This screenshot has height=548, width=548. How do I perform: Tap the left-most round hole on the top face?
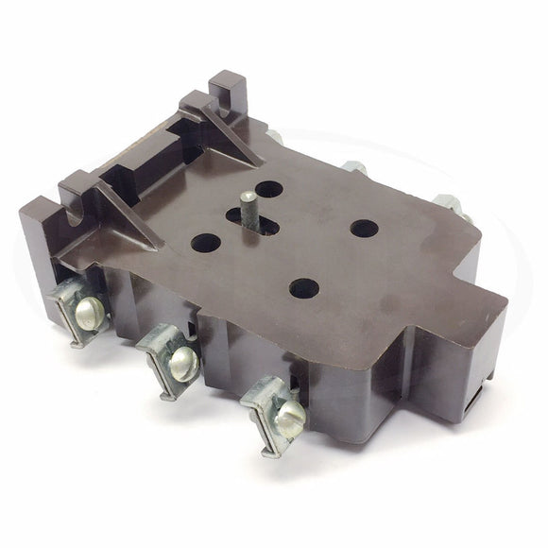point(205,244)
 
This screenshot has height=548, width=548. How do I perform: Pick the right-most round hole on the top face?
point(364,228)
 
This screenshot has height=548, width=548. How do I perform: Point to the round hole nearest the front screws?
point(301,287)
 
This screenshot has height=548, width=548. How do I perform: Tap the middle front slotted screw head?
point(182,357)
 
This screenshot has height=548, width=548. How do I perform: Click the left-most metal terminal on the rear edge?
point(277,135)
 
